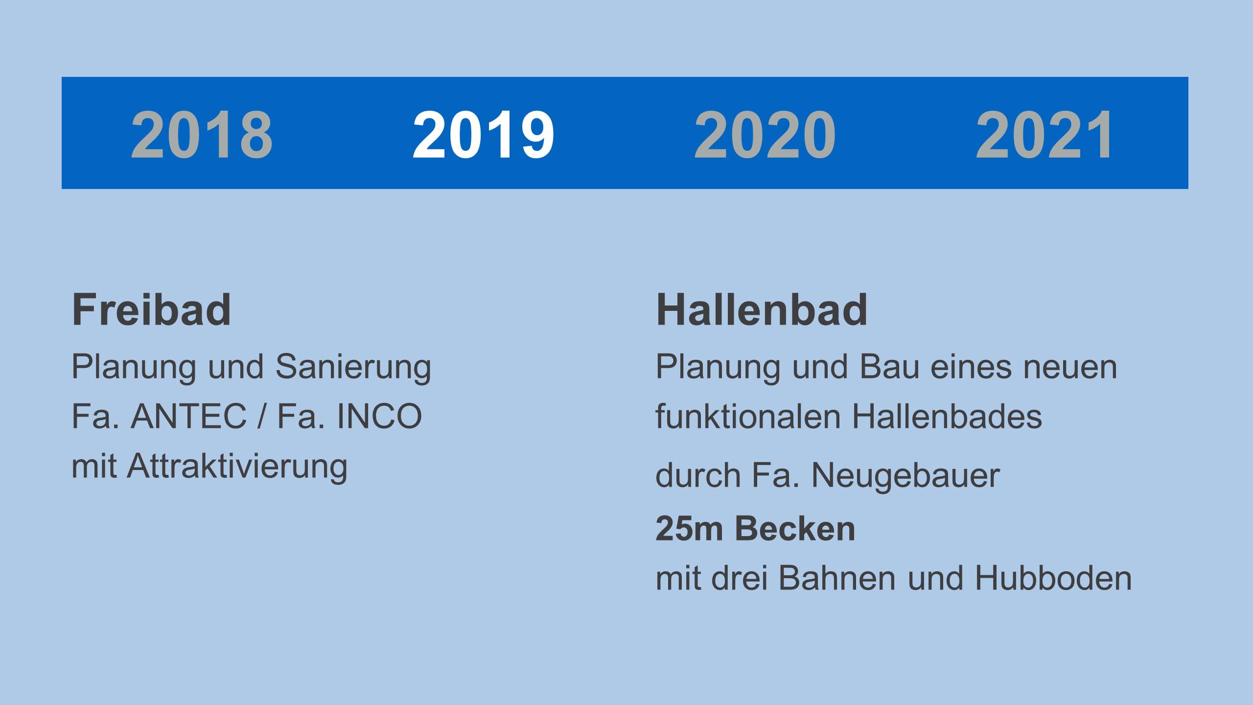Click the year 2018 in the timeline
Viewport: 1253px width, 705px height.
point(202,135)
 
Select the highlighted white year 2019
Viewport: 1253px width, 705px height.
point(483,135)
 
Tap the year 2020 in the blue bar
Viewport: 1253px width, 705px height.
point(765,135)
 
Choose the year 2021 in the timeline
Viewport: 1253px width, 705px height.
point(1044,135)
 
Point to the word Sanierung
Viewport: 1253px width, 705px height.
point(353,368)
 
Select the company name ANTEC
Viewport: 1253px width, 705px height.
point(188,417)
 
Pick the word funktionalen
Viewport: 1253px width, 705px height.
point(748,417)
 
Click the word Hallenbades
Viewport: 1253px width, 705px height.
point(947,417)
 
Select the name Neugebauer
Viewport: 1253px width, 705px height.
point(905,476)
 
